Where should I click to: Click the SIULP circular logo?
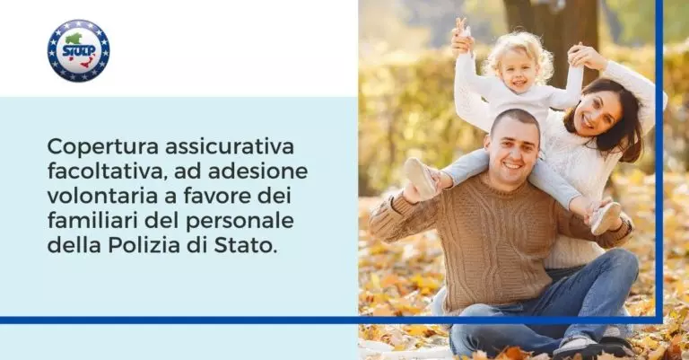pos(78,50)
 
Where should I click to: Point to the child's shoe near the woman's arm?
pos(606,216)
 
